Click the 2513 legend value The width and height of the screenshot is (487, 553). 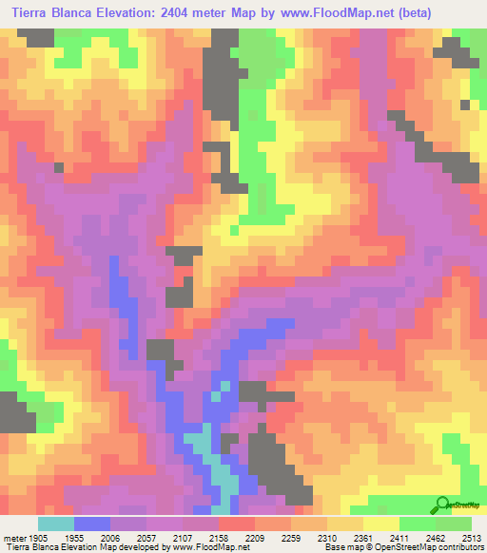471,537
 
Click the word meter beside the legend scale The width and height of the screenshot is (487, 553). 12,537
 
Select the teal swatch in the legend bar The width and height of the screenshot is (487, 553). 56,523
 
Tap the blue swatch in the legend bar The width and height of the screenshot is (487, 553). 92,523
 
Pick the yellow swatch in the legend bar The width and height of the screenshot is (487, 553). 381,523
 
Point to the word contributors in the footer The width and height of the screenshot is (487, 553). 461,547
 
